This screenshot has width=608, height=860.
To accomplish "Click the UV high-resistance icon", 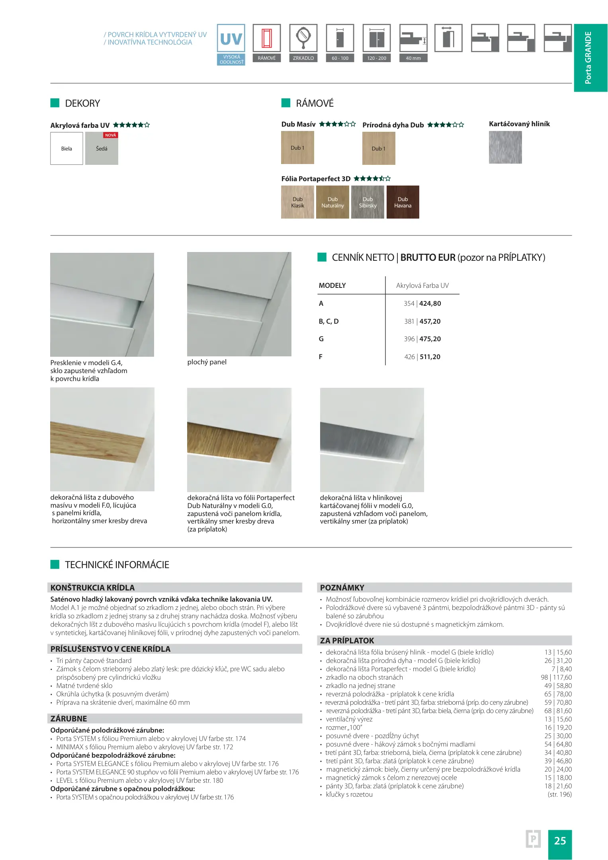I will coord(231,39).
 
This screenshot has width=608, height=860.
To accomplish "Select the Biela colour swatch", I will coord(66,149).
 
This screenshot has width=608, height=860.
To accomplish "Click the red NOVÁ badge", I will coord(110,135).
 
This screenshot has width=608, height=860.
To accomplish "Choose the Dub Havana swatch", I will coord(403,202).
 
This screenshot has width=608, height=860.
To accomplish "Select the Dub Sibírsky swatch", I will coord(368,202).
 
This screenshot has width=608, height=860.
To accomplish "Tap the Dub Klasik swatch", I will coord(297,202).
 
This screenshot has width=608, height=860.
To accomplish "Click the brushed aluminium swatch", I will coord(505,147).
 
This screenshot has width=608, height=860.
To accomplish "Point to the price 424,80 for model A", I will coord(430,303).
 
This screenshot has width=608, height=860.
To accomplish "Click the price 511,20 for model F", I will coord(430,357).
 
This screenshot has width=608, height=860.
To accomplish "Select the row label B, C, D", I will coord(328,321).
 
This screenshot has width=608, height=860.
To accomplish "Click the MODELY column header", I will coord(332,285).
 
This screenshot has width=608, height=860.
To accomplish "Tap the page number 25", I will coord(560,840).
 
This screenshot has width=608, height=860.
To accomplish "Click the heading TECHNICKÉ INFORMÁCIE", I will coord(117,565).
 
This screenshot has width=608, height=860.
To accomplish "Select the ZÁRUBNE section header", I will coord(69,719).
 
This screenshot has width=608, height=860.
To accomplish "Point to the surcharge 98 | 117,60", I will coord(556,677).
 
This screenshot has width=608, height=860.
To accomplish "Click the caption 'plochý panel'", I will coord(207,362).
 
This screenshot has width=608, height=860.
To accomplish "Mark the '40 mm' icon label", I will coord(413,58).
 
